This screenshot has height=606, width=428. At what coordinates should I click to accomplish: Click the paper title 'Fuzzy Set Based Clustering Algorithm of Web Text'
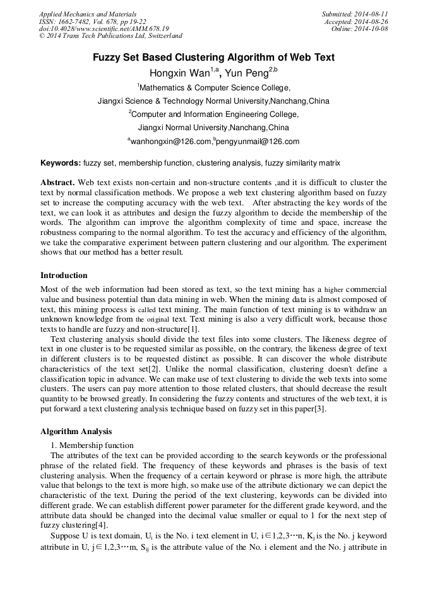[213, 58]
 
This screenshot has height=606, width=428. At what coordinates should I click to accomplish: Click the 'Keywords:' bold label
[61, 163]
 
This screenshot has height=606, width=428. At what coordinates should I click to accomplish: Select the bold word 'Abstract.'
[58, 182]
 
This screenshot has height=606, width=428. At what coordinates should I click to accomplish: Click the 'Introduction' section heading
[64, 276]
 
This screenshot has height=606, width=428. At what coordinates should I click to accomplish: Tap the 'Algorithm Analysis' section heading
[76, 432]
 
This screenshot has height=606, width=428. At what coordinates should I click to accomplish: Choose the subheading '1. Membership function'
[92, 445]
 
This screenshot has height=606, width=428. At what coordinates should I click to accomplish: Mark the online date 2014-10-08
[372, 29]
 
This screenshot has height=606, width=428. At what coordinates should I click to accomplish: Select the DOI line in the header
[104, 29]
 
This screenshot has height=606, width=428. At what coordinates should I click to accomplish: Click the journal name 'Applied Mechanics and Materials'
[87, 14]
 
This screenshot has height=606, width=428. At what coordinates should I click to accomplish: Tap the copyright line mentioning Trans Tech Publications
[110, 37]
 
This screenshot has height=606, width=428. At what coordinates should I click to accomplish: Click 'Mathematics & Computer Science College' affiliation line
[214, 88]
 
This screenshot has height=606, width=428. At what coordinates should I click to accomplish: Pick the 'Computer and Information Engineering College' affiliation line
[214, 114]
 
